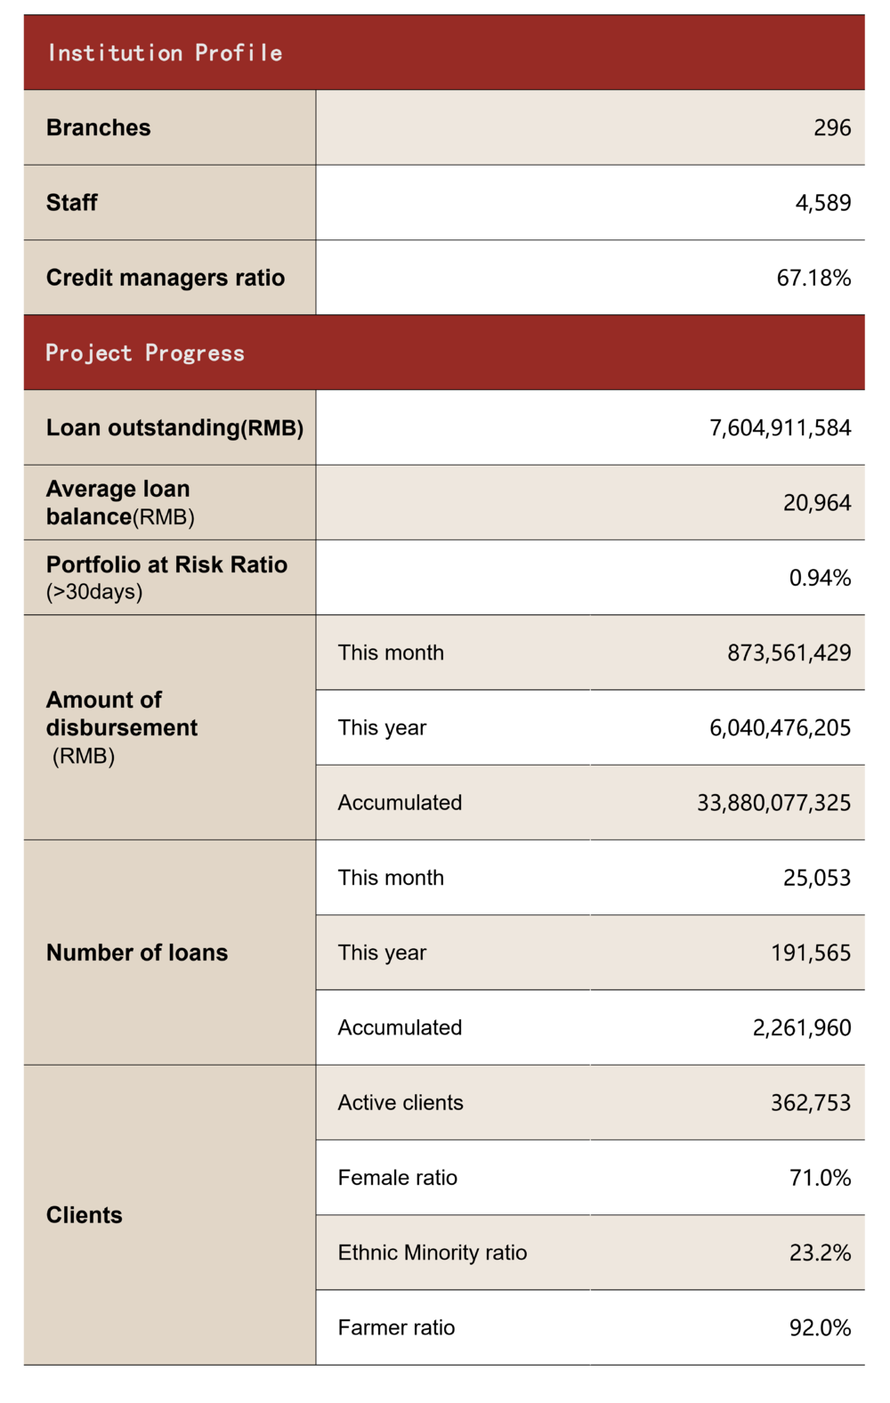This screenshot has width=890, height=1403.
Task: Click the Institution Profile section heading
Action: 165,53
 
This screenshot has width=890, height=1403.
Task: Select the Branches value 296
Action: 832,128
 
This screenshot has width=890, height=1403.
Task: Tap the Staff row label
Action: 72,203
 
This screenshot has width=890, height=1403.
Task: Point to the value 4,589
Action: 823,203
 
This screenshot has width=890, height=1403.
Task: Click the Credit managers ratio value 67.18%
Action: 813,278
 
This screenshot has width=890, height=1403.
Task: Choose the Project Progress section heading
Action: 145,353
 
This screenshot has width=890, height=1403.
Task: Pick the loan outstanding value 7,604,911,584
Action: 780,428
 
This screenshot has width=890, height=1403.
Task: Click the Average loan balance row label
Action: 120,503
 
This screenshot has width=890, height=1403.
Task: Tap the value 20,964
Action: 817,503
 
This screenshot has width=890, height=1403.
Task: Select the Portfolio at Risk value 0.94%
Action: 820,579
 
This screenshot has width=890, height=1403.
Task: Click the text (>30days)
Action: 94,592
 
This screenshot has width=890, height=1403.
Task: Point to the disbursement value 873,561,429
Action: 789,653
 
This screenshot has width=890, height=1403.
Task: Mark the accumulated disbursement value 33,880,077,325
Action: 773,803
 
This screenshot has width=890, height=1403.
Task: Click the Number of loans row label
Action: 137,953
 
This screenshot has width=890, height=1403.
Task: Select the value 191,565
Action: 811,953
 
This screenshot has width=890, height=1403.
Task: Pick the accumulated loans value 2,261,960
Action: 802,1028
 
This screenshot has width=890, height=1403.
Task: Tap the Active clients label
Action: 400,1103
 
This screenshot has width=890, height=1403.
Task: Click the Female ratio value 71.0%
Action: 820,1179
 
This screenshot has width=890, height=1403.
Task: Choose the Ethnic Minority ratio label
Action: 433,1253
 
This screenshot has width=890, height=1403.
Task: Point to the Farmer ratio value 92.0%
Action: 820,1328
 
